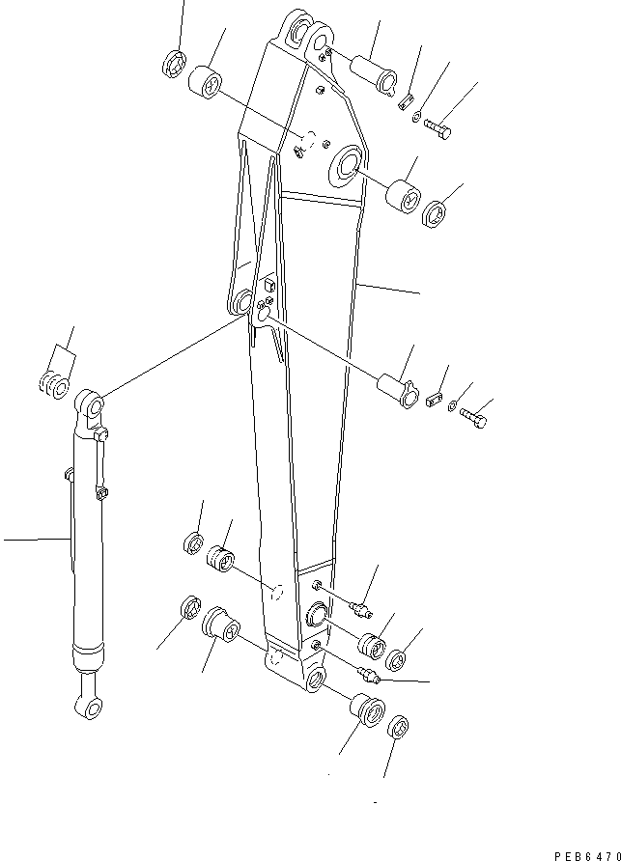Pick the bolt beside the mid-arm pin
tap(473, 419)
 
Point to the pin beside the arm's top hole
tap(375, 75)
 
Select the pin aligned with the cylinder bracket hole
tap(397, 389)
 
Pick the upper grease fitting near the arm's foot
tap(362, 607)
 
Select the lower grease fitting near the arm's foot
tap(368, 673)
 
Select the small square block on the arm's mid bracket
tap(269, 286)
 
